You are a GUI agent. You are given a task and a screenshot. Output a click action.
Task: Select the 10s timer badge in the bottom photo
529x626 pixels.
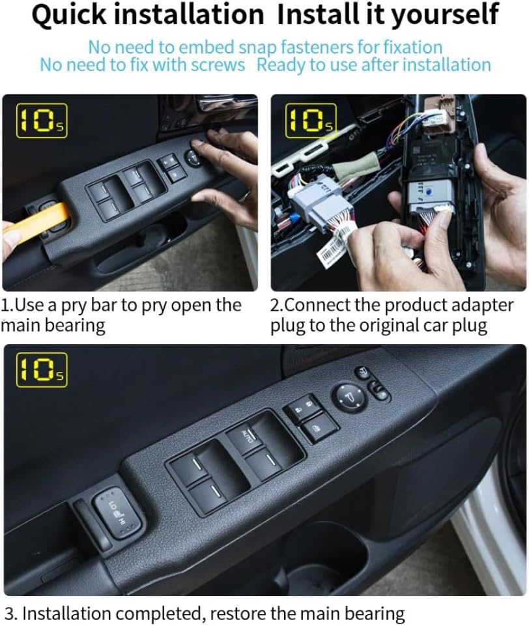41,369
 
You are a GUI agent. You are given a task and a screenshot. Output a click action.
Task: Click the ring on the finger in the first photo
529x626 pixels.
242,193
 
